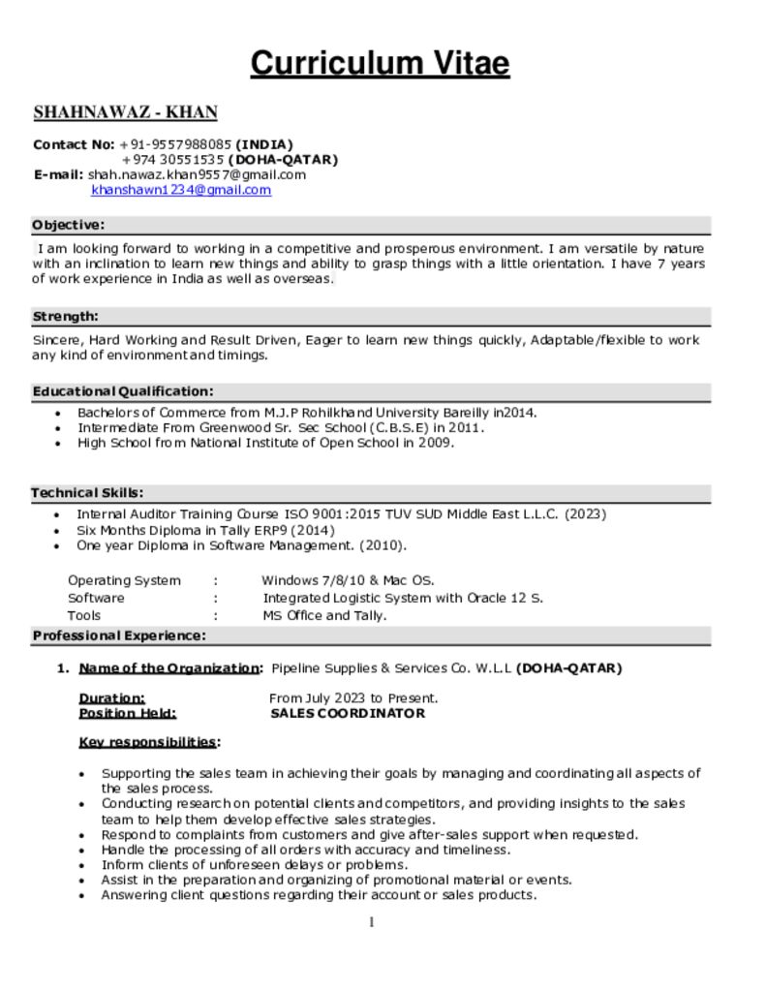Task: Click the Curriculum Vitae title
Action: (380, 64)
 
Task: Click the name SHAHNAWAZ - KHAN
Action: (125, 112)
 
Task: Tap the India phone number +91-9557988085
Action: (175, 144)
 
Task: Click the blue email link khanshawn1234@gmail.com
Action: (181, 190)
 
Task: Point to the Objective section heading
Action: (68, 225)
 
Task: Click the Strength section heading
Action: (66, 316)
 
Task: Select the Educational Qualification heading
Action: (123, 391)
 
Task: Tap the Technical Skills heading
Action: (88, 492)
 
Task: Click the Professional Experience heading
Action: (119, 635)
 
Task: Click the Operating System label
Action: (124, 580)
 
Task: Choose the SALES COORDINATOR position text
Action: (347, 713)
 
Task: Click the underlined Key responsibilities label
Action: (147, 742)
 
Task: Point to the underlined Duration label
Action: (111, 697)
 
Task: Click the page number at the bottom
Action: (371, 922)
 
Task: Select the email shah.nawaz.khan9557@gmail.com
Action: (197, 174)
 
